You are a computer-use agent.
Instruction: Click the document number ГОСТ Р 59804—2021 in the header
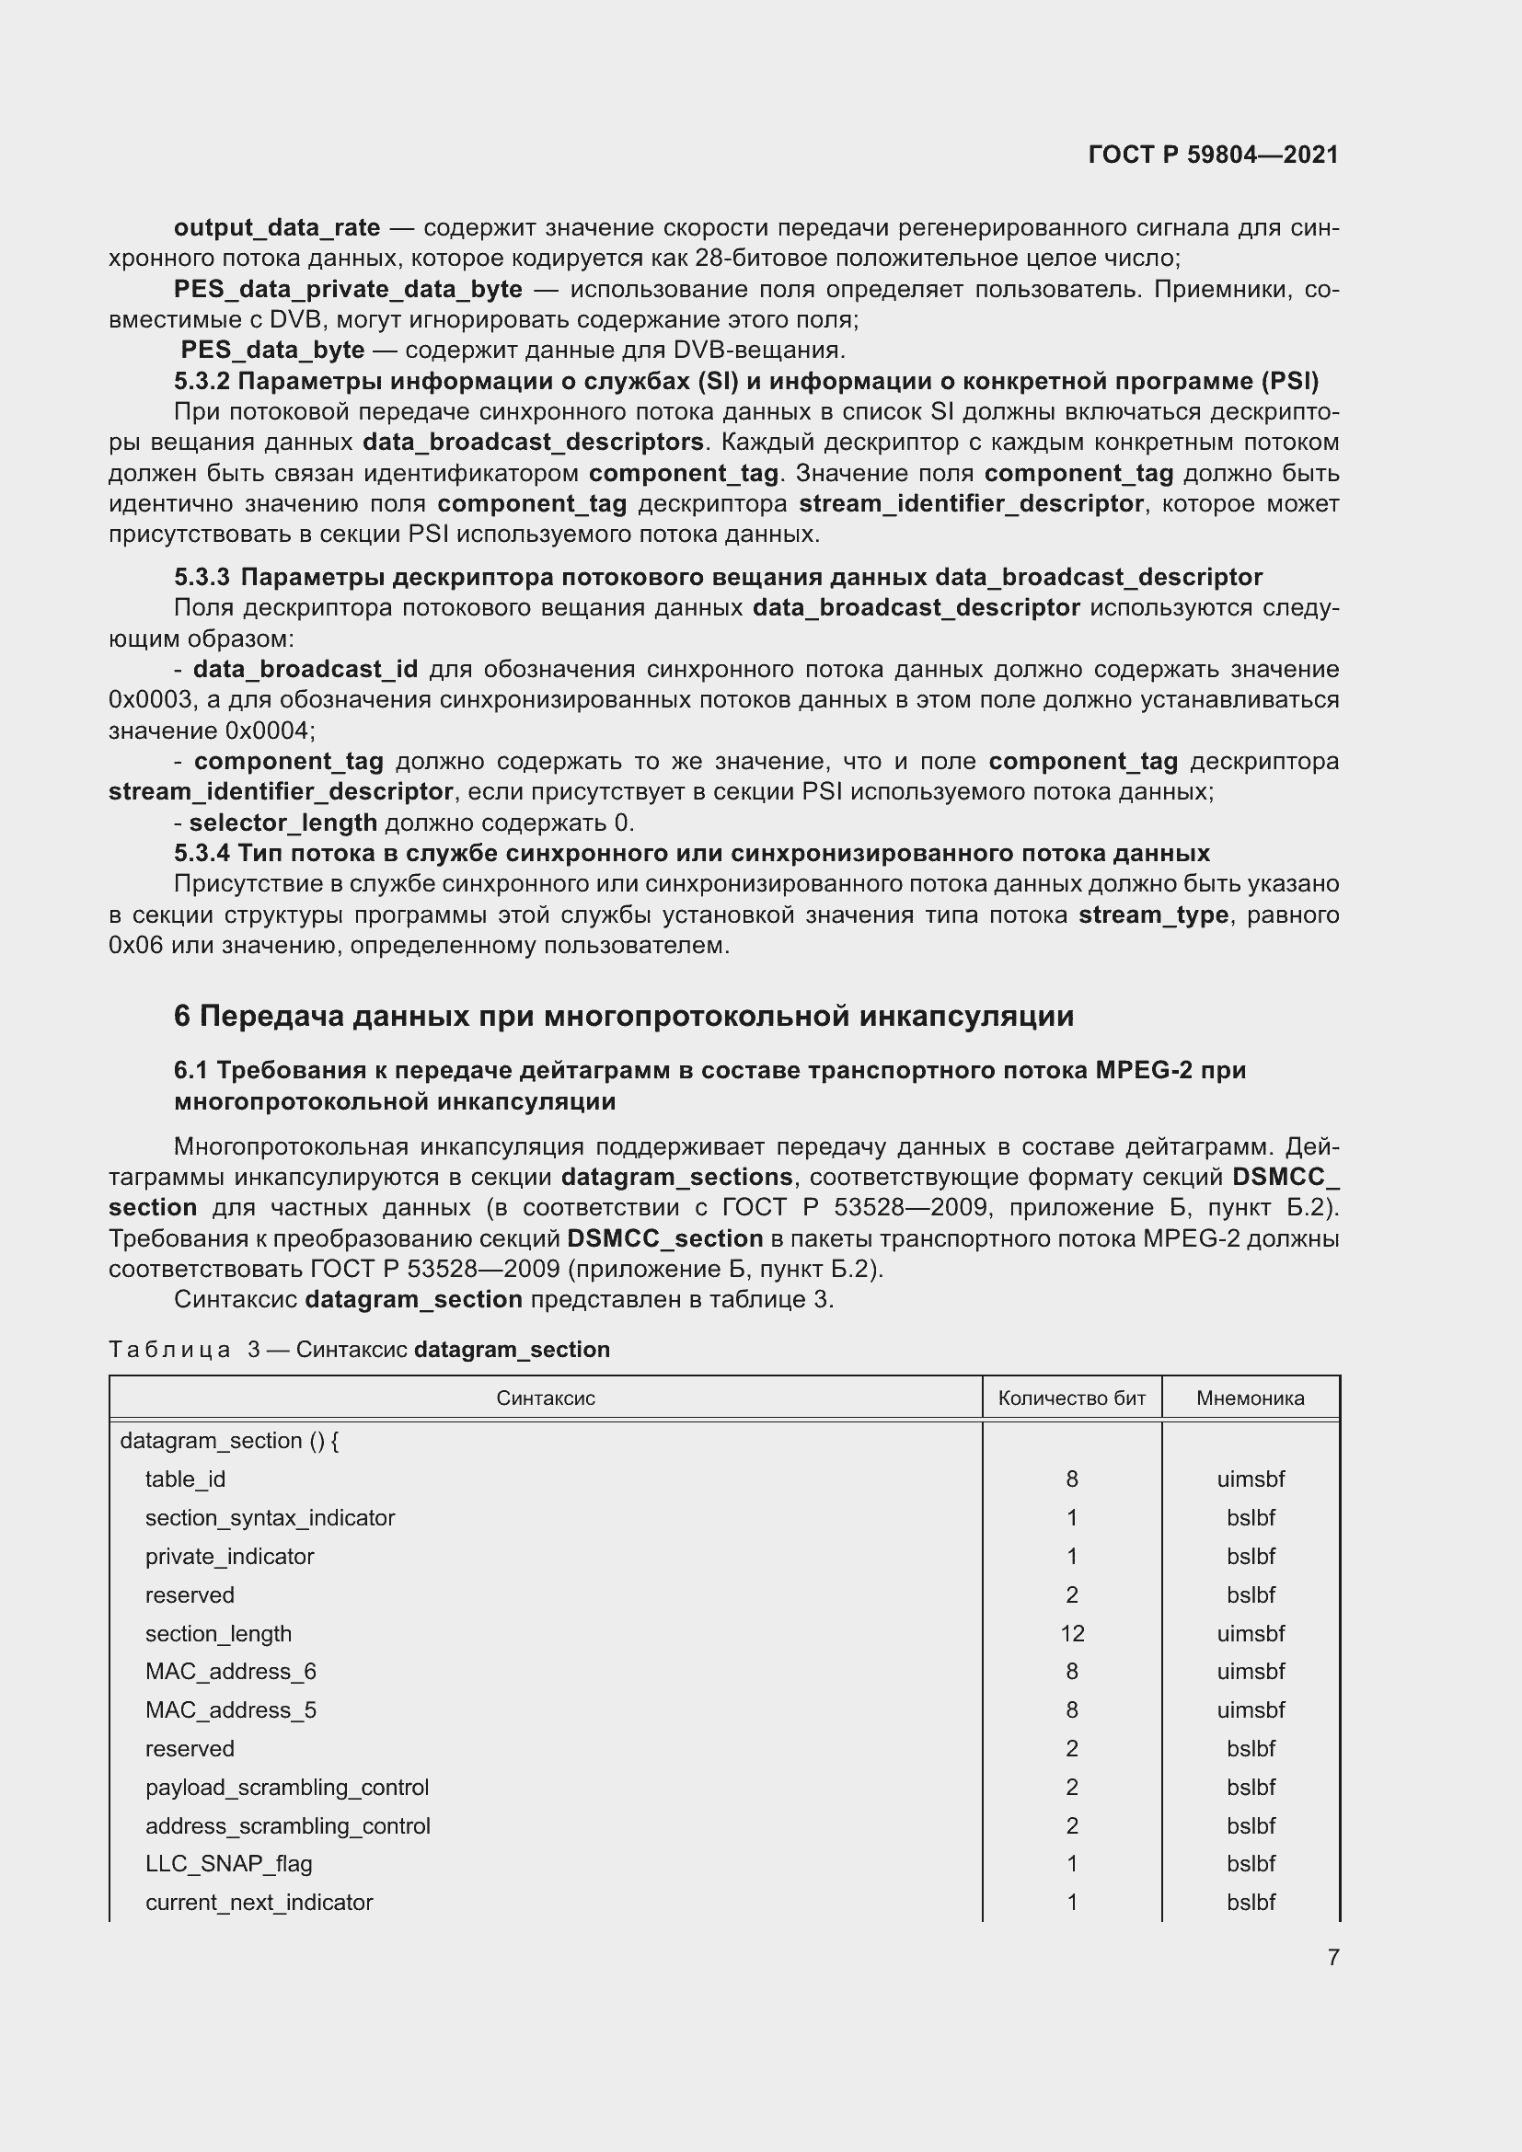click(x=1213, y=155)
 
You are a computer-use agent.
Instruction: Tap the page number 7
click(x=1332, y=1957)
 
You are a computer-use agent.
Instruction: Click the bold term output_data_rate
click(x=276, y=228)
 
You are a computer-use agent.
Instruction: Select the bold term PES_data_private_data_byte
click(x=348, y=289)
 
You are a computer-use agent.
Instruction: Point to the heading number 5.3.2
click(x=202, y=381)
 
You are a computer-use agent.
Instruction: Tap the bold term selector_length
click(x=283, y=822)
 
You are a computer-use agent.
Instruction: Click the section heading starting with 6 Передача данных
click(x=623, y=1016)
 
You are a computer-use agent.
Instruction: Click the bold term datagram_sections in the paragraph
click(x=676, y=1177)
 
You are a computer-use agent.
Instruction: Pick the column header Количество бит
click(x=1071, y=1398)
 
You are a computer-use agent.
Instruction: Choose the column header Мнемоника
click(x=1250, y=1398)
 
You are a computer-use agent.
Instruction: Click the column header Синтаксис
click(x=546, y=1398)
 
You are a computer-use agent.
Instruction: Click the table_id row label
click(x=185, y=1479)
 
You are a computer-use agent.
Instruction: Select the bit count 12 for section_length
click(x=1071, y=1634)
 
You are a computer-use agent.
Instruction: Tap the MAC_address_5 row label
click(x=231, y=1709)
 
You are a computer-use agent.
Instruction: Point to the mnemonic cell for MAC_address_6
click(x=1251, y=1671)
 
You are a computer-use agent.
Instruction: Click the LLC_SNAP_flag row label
click(x=229, y=1863)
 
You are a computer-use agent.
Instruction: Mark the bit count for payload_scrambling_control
click(x=1071, y=1787)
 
